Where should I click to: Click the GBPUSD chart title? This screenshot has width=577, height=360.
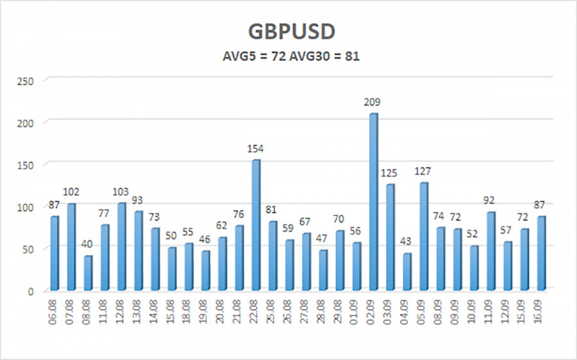tap(290, 33)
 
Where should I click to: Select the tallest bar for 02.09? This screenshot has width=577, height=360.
tap(372, 201)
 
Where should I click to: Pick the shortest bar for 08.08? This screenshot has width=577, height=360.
tap(88, 273)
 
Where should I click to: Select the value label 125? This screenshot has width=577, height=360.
tap(390, 173)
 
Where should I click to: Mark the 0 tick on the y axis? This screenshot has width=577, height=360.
tap(30, 291)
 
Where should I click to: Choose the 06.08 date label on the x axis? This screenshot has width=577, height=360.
tap(55, 310)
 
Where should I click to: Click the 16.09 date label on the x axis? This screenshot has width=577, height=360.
tap(541, 310)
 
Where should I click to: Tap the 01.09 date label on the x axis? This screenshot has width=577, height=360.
tap(357, 310)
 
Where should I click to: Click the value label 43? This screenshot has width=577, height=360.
tap(406, 242)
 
